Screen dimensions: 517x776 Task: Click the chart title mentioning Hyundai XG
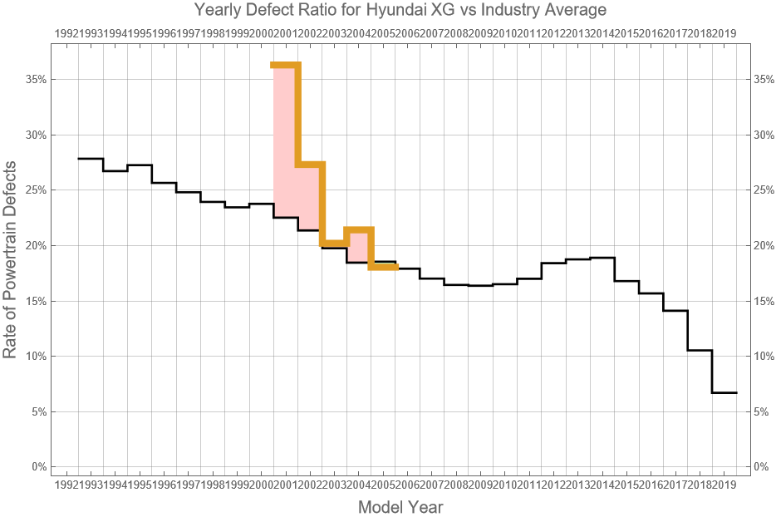click(x=400, y=11)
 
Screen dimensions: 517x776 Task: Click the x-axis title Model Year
click(x=400, y=506)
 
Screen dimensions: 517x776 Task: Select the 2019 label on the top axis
click(x=724, y=33)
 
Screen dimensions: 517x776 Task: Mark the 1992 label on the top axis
click(x=66, y=33)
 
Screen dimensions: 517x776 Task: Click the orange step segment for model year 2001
click(x=286, y=65)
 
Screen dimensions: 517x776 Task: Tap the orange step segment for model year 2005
click(x=384, y=267)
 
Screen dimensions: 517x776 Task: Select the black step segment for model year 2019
click(x=724, y=392)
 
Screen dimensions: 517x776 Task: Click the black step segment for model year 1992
click(x=91, y=159)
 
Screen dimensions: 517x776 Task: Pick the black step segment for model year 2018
click(x=700, y=350)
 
